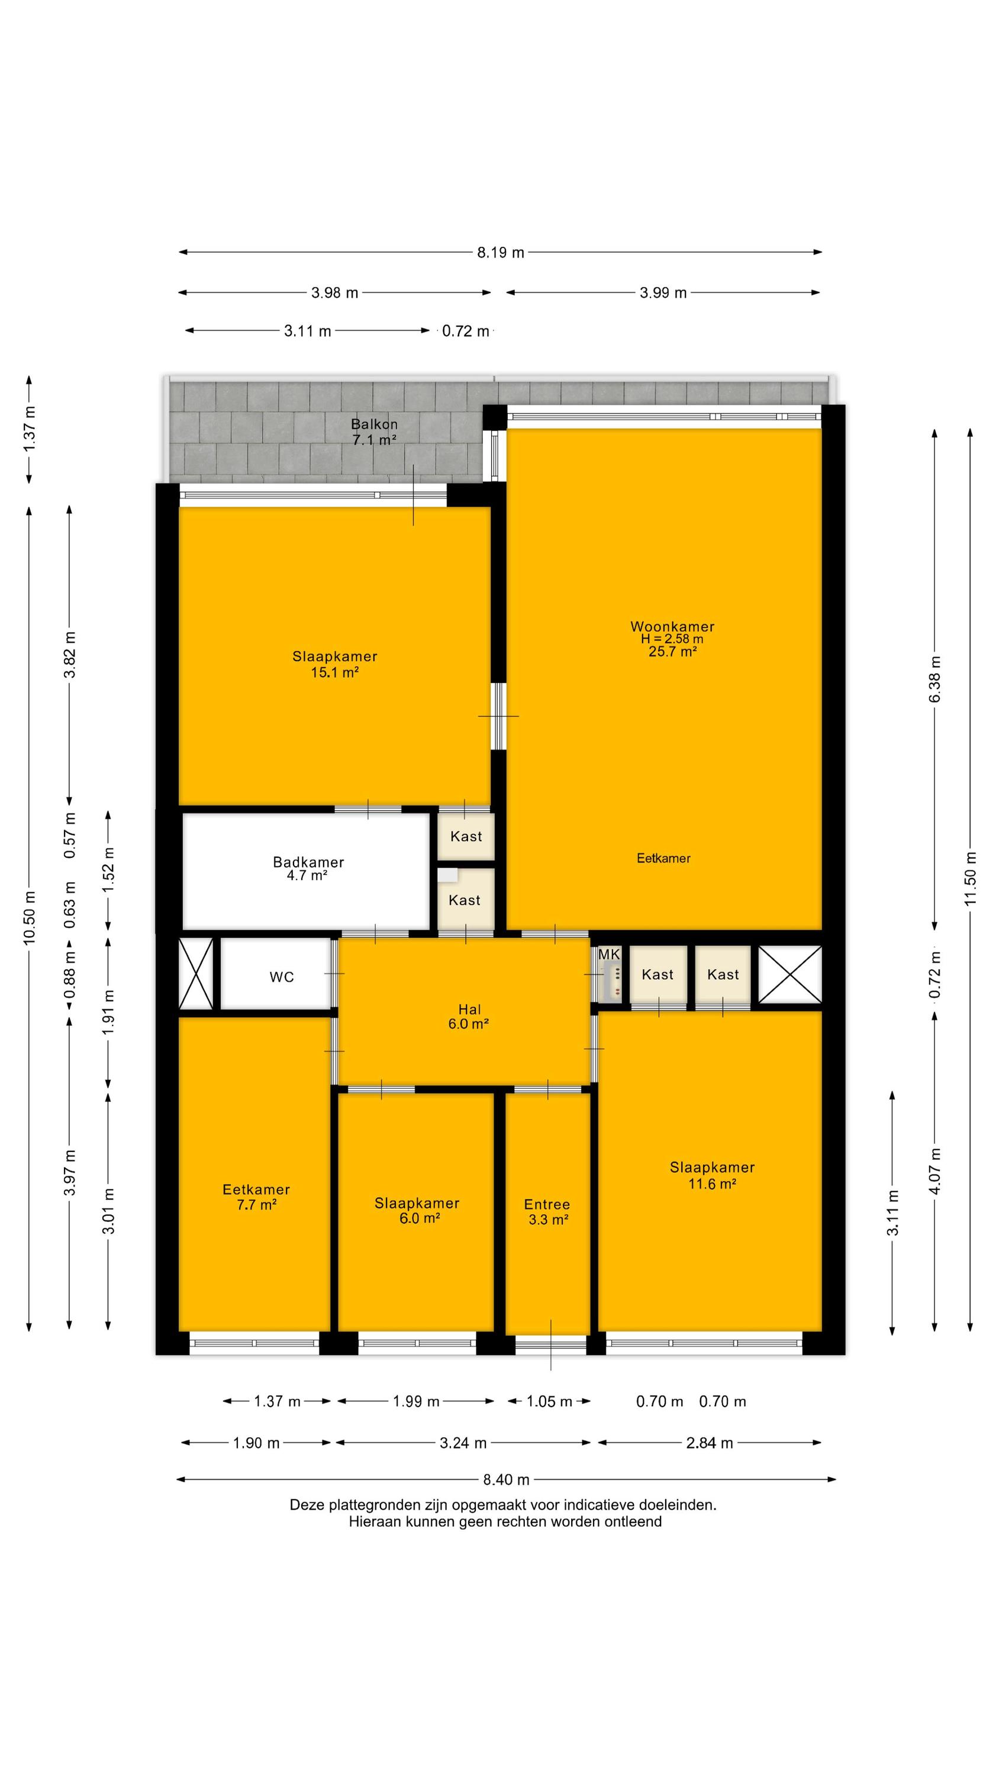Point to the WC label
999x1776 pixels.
tap(281, 977)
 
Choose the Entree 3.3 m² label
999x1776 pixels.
tap(547, 1212)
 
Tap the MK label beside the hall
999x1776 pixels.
tap(609, 954)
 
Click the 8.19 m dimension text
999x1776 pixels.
tap(501, 252)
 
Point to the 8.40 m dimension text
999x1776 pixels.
tap(506, 1479)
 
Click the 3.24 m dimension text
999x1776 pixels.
tap(463, 1443)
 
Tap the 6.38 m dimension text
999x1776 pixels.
tap(935, 679)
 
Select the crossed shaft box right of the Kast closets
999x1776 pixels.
tap(790, 974)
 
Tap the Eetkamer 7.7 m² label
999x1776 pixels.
tap(256, 1197)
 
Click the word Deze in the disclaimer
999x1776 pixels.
tap(305, 1505)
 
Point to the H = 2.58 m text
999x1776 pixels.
tap(672, 639)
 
